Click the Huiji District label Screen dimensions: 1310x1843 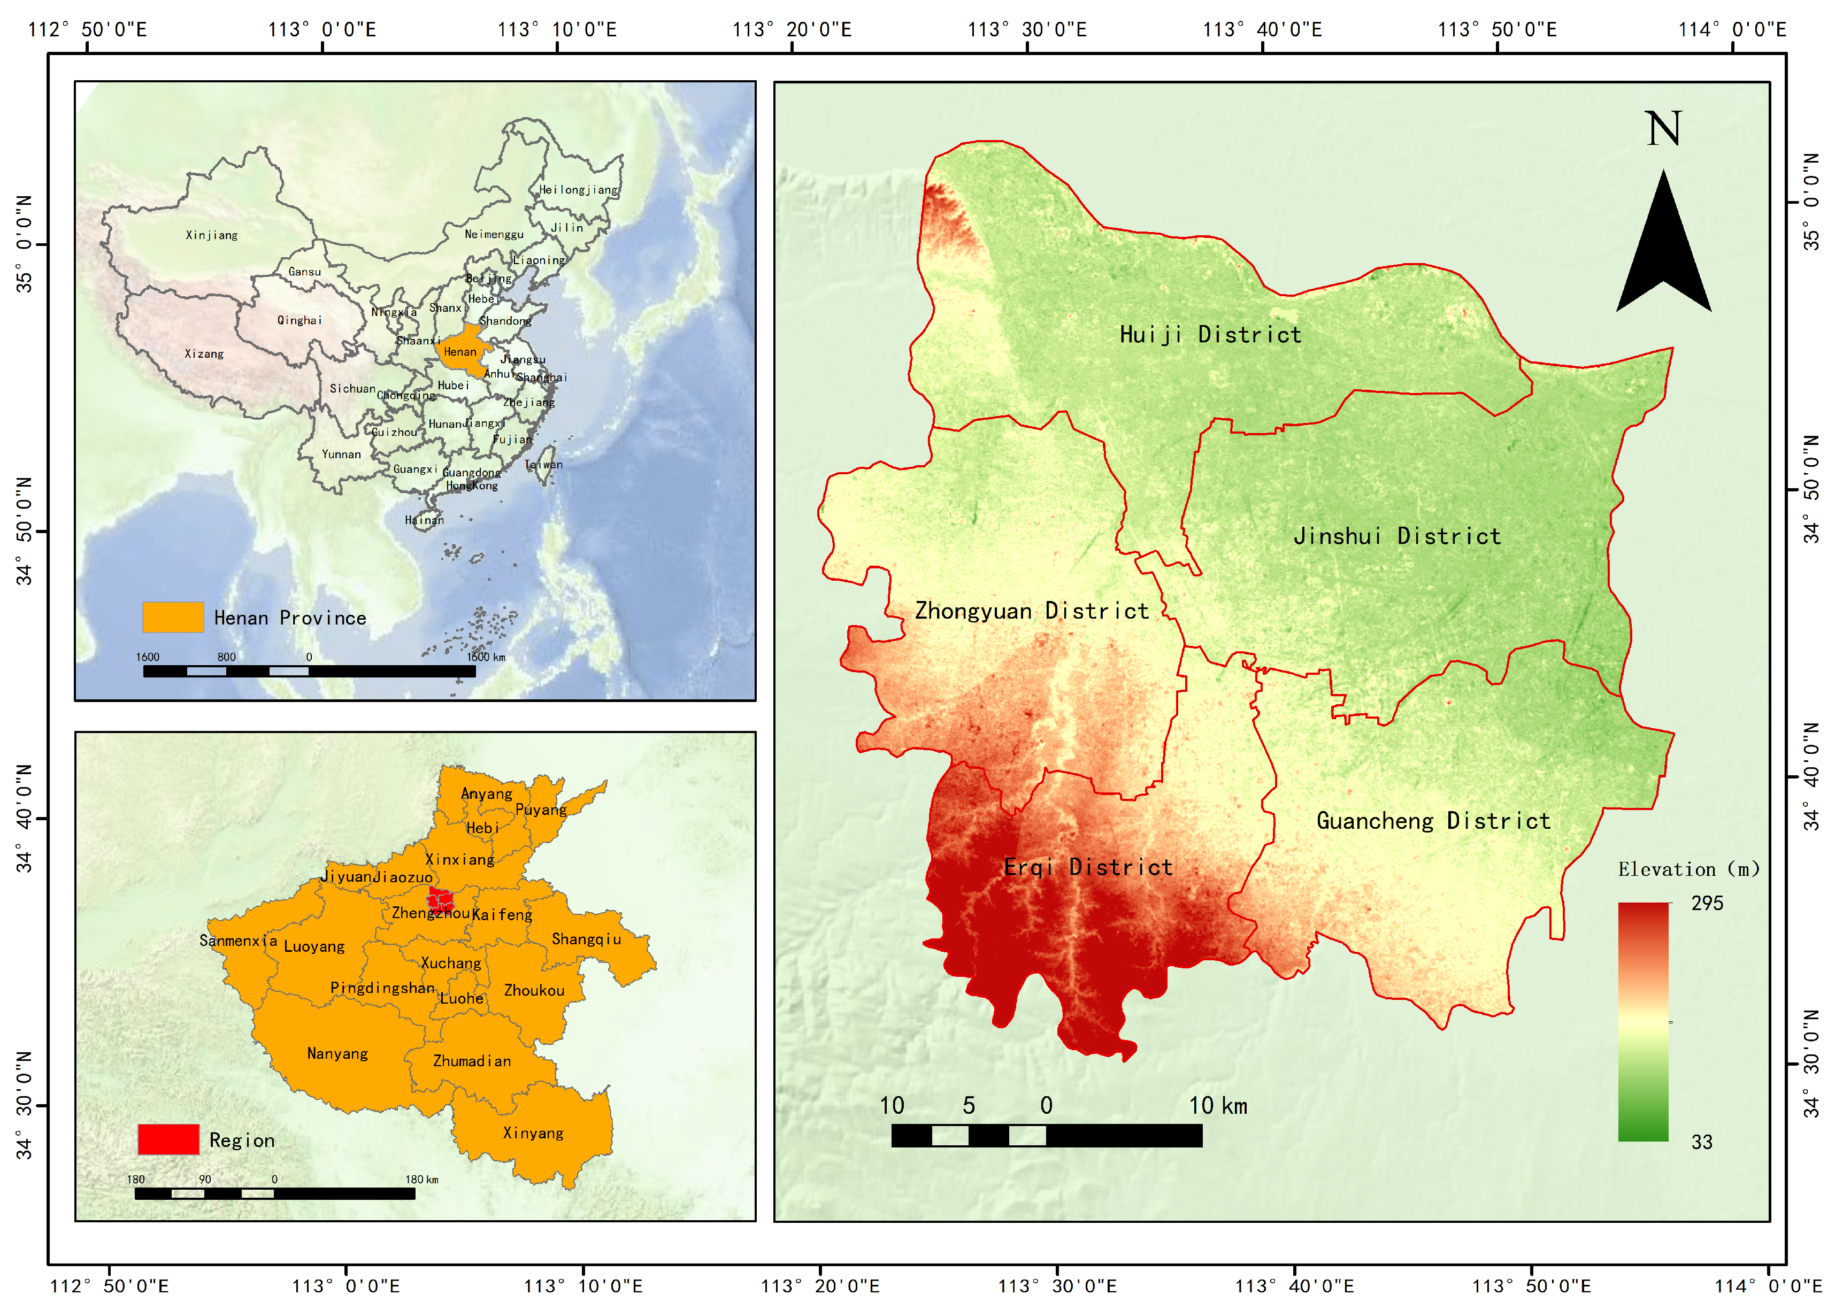(1210, 335)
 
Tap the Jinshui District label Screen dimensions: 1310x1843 (1397, 536)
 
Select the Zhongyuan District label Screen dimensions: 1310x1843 (1031, 612)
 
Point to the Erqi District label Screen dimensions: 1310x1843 (1088, 868)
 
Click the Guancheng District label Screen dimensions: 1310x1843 (1433, 821)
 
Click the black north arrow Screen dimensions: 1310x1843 (1663, 250)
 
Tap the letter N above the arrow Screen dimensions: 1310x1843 (1663, 129)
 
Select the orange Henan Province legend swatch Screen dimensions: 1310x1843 (173, 618)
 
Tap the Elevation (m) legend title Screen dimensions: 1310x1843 (1688, 869)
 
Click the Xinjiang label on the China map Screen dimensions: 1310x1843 (211, 236)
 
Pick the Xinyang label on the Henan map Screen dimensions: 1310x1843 (533, 1134)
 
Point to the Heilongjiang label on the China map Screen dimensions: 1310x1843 (578, 190)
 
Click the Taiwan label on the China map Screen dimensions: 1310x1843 (543, 465)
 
